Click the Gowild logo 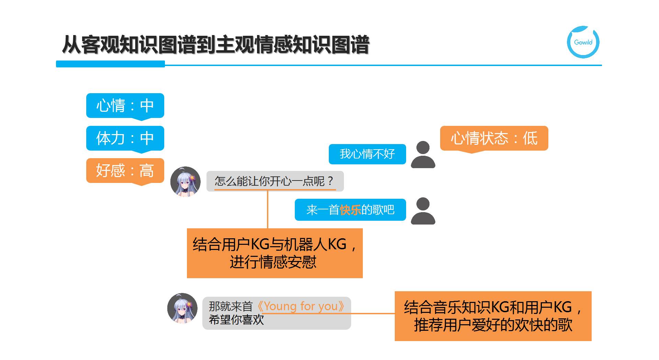coord(583,42)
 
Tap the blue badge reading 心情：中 coord(125,106)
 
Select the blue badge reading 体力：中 coord(125,138)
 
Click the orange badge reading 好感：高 coord(125,171)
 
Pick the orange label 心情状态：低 coord(494,138)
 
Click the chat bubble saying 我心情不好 coord(367,154)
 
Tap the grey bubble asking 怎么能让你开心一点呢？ coord(275,181)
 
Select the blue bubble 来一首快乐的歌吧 coord(350,210)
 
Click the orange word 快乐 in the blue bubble coord(350,210)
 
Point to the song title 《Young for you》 coord(301,306)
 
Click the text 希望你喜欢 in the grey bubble coord(236,320)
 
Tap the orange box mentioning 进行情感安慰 coord(275,253)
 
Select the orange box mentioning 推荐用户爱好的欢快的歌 coord(493,316)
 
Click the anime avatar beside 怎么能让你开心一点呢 coord(186,182)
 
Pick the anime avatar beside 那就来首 coord(182,308)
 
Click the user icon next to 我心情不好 coord(423,155)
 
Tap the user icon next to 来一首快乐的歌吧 coord(423,211)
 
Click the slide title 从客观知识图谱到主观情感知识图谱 coord(215,45)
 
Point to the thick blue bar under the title coord(110,64)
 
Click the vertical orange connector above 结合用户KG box coord(268,209)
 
